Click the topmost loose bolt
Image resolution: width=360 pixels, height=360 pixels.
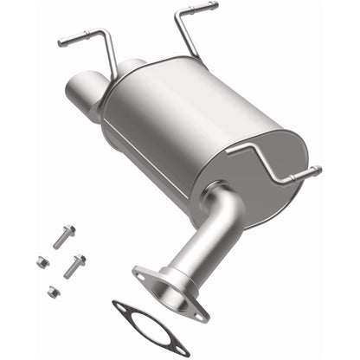[65, 235]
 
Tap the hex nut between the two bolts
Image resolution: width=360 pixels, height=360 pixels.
[42, 260]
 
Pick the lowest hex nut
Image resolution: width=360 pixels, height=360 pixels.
[54, 292]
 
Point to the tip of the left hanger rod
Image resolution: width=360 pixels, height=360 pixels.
[61, 42]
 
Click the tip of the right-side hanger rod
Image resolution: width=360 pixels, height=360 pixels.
[318, 170]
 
